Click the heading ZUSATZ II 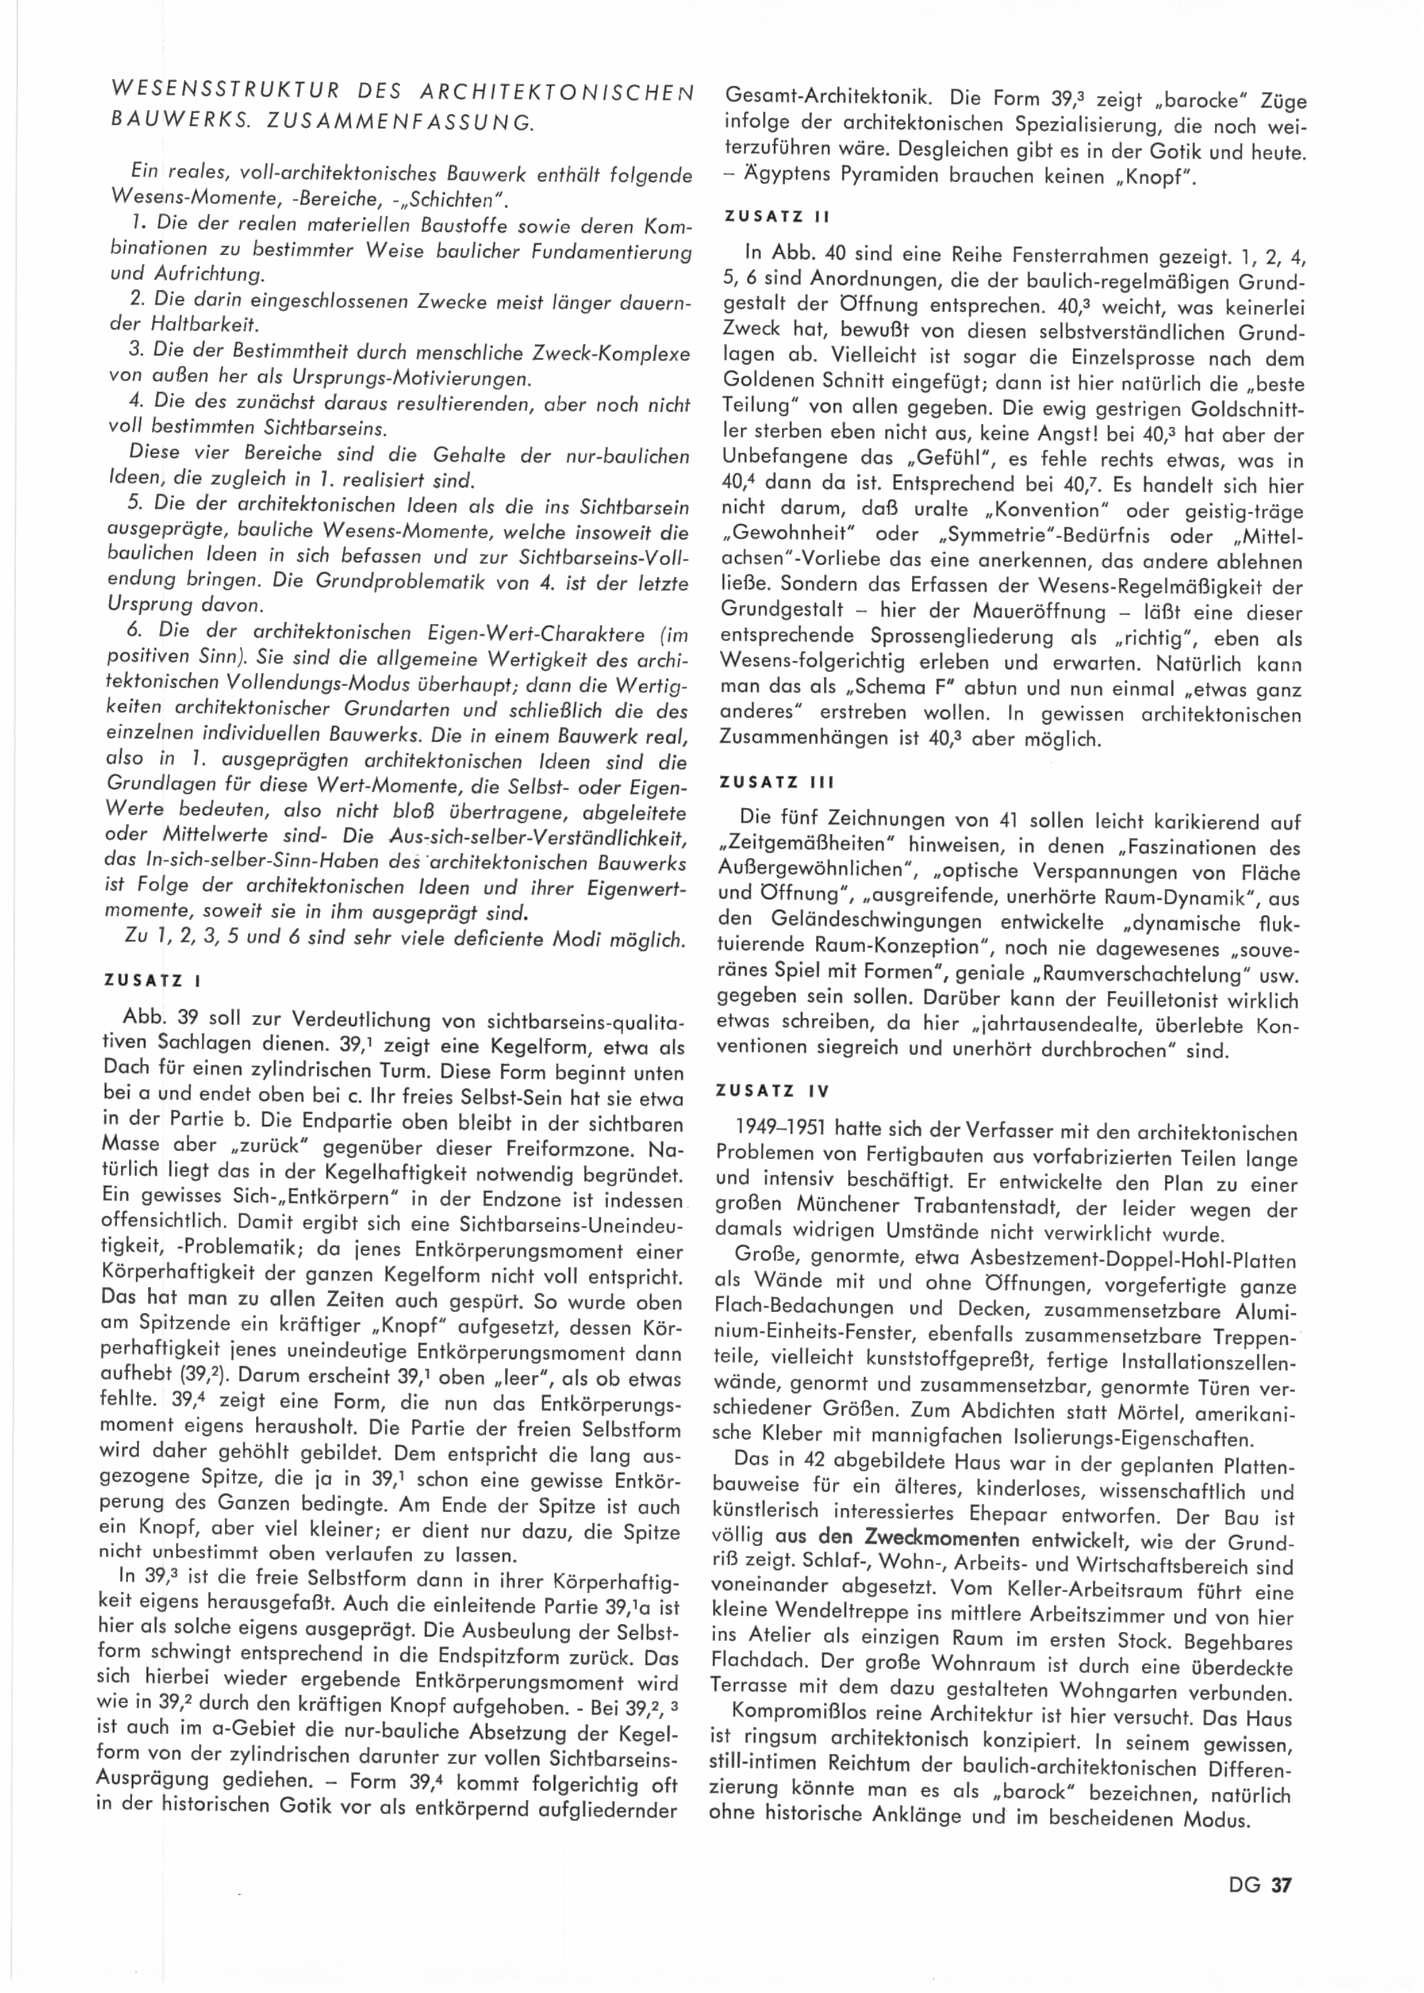point(776,215)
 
